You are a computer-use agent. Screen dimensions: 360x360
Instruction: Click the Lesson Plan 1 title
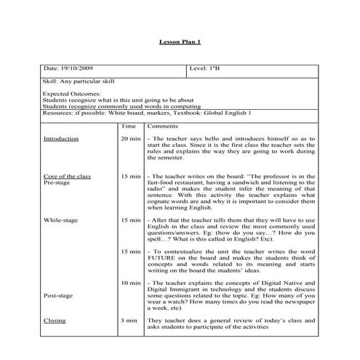click(x=179, y=43)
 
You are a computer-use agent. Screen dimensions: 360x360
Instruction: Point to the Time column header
click(x=128, y=126)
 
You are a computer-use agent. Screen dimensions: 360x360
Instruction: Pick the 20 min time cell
click(x=131, y=138)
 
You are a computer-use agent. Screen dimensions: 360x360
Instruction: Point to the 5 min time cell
click(x=128, y=320)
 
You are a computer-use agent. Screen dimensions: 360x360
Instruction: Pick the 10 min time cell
click(x=131, y=281)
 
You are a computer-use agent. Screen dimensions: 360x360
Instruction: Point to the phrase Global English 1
click(x=228, y=114)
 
